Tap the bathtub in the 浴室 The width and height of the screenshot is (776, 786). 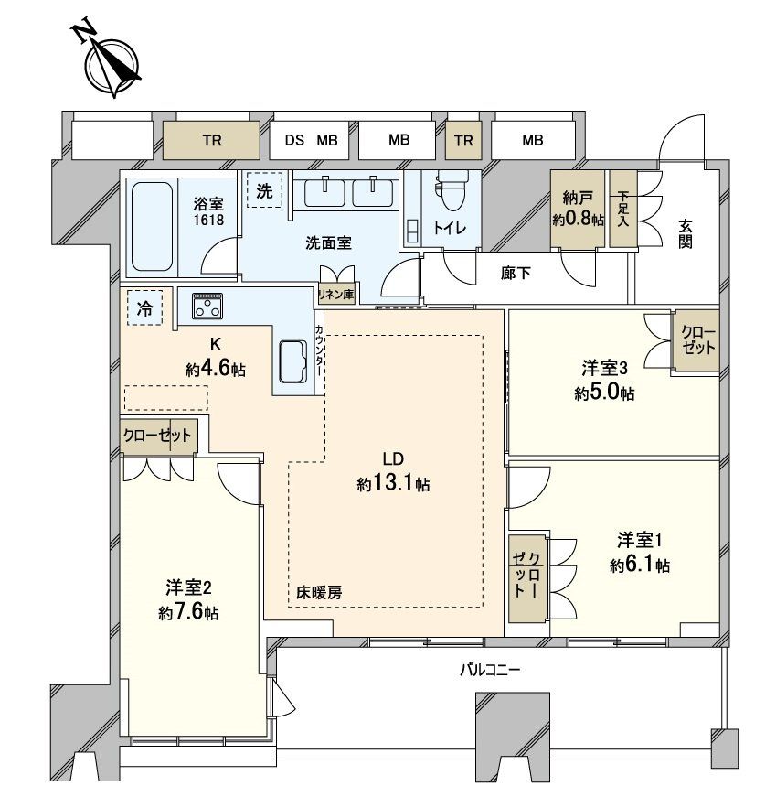[152, 224]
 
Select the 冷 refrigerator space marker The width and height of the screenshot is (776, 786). [145, 307]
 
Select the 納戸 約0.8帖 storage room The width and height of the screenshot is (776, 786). [578, 210]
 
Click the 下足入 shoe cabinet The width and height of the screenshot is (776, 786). [622, 210]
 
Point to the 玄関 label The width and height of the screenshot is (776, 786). [685, 234]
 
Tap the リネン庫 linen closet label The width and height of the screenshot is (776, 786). [335, 294]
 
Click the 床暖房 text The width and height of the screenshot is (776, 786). [319, 592]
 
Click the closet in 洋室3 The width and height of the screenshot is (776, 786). [696, 340]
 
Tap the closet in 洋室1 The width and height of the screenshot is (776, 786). [526, 579]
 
